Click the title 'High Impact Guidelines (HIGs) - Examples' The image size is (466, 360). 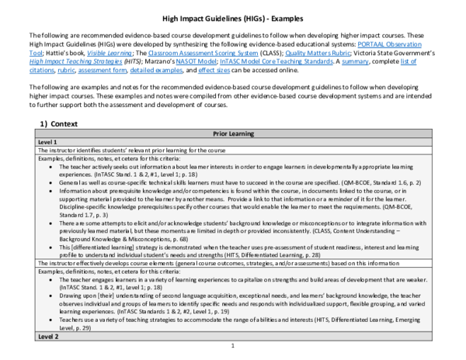(233, 18)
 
